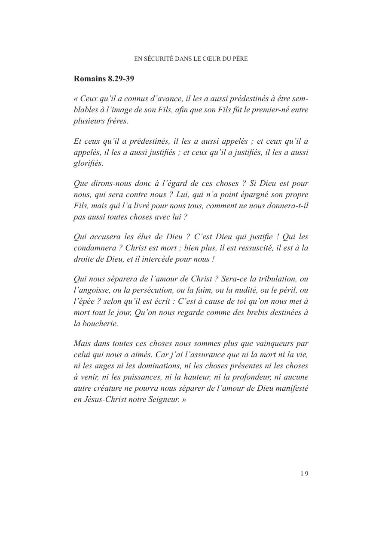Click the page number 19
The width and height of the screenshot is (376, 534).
click(x=304, y=474)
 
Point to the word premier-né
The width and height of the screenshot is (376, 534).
click(x=269, y=110)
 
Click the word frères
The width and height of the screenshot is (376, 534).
click(x=116, y=121)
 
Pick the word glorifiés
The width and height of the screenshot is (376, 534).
click(x=88, y=163)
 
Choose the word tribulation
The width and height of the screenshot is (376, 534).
click(x=275, y=279)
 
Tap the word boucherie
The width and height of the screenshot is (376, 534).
click(x=100, y=324)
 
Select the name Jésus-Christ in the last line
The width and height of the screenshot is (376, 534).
click(x=104, y=399)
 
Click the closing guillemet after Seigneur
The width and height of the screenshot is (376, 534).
click(x=184, y=399)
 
